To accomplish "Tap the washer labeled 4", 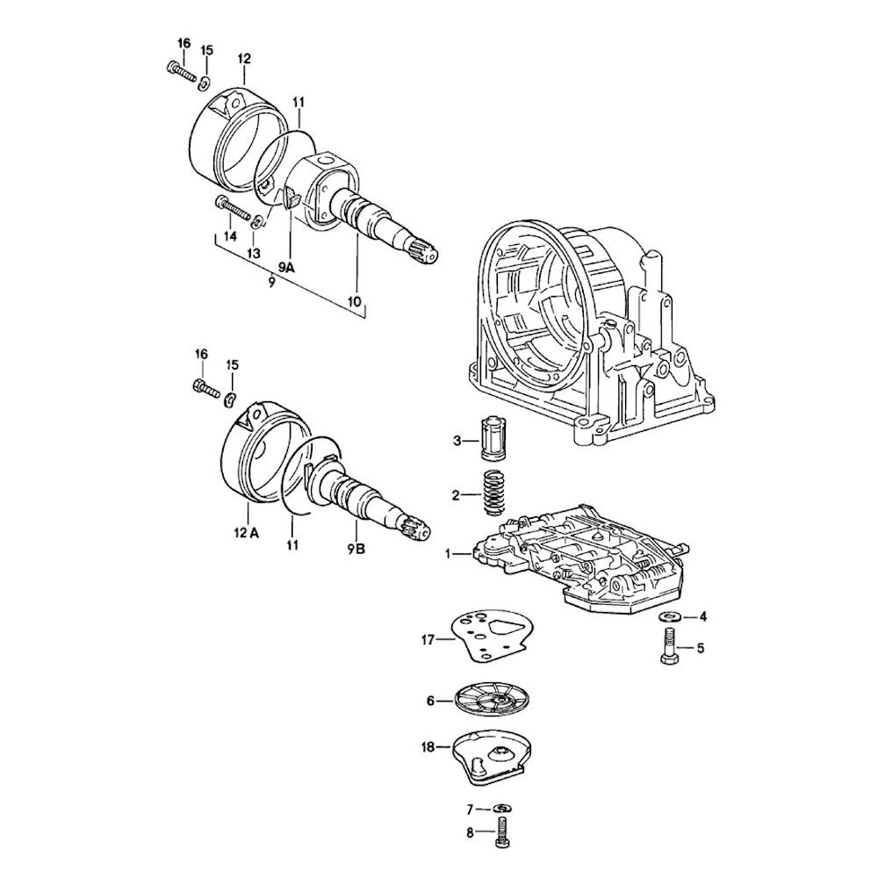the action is point(667,616).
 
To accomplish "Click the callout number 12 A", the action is point(247,533).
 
